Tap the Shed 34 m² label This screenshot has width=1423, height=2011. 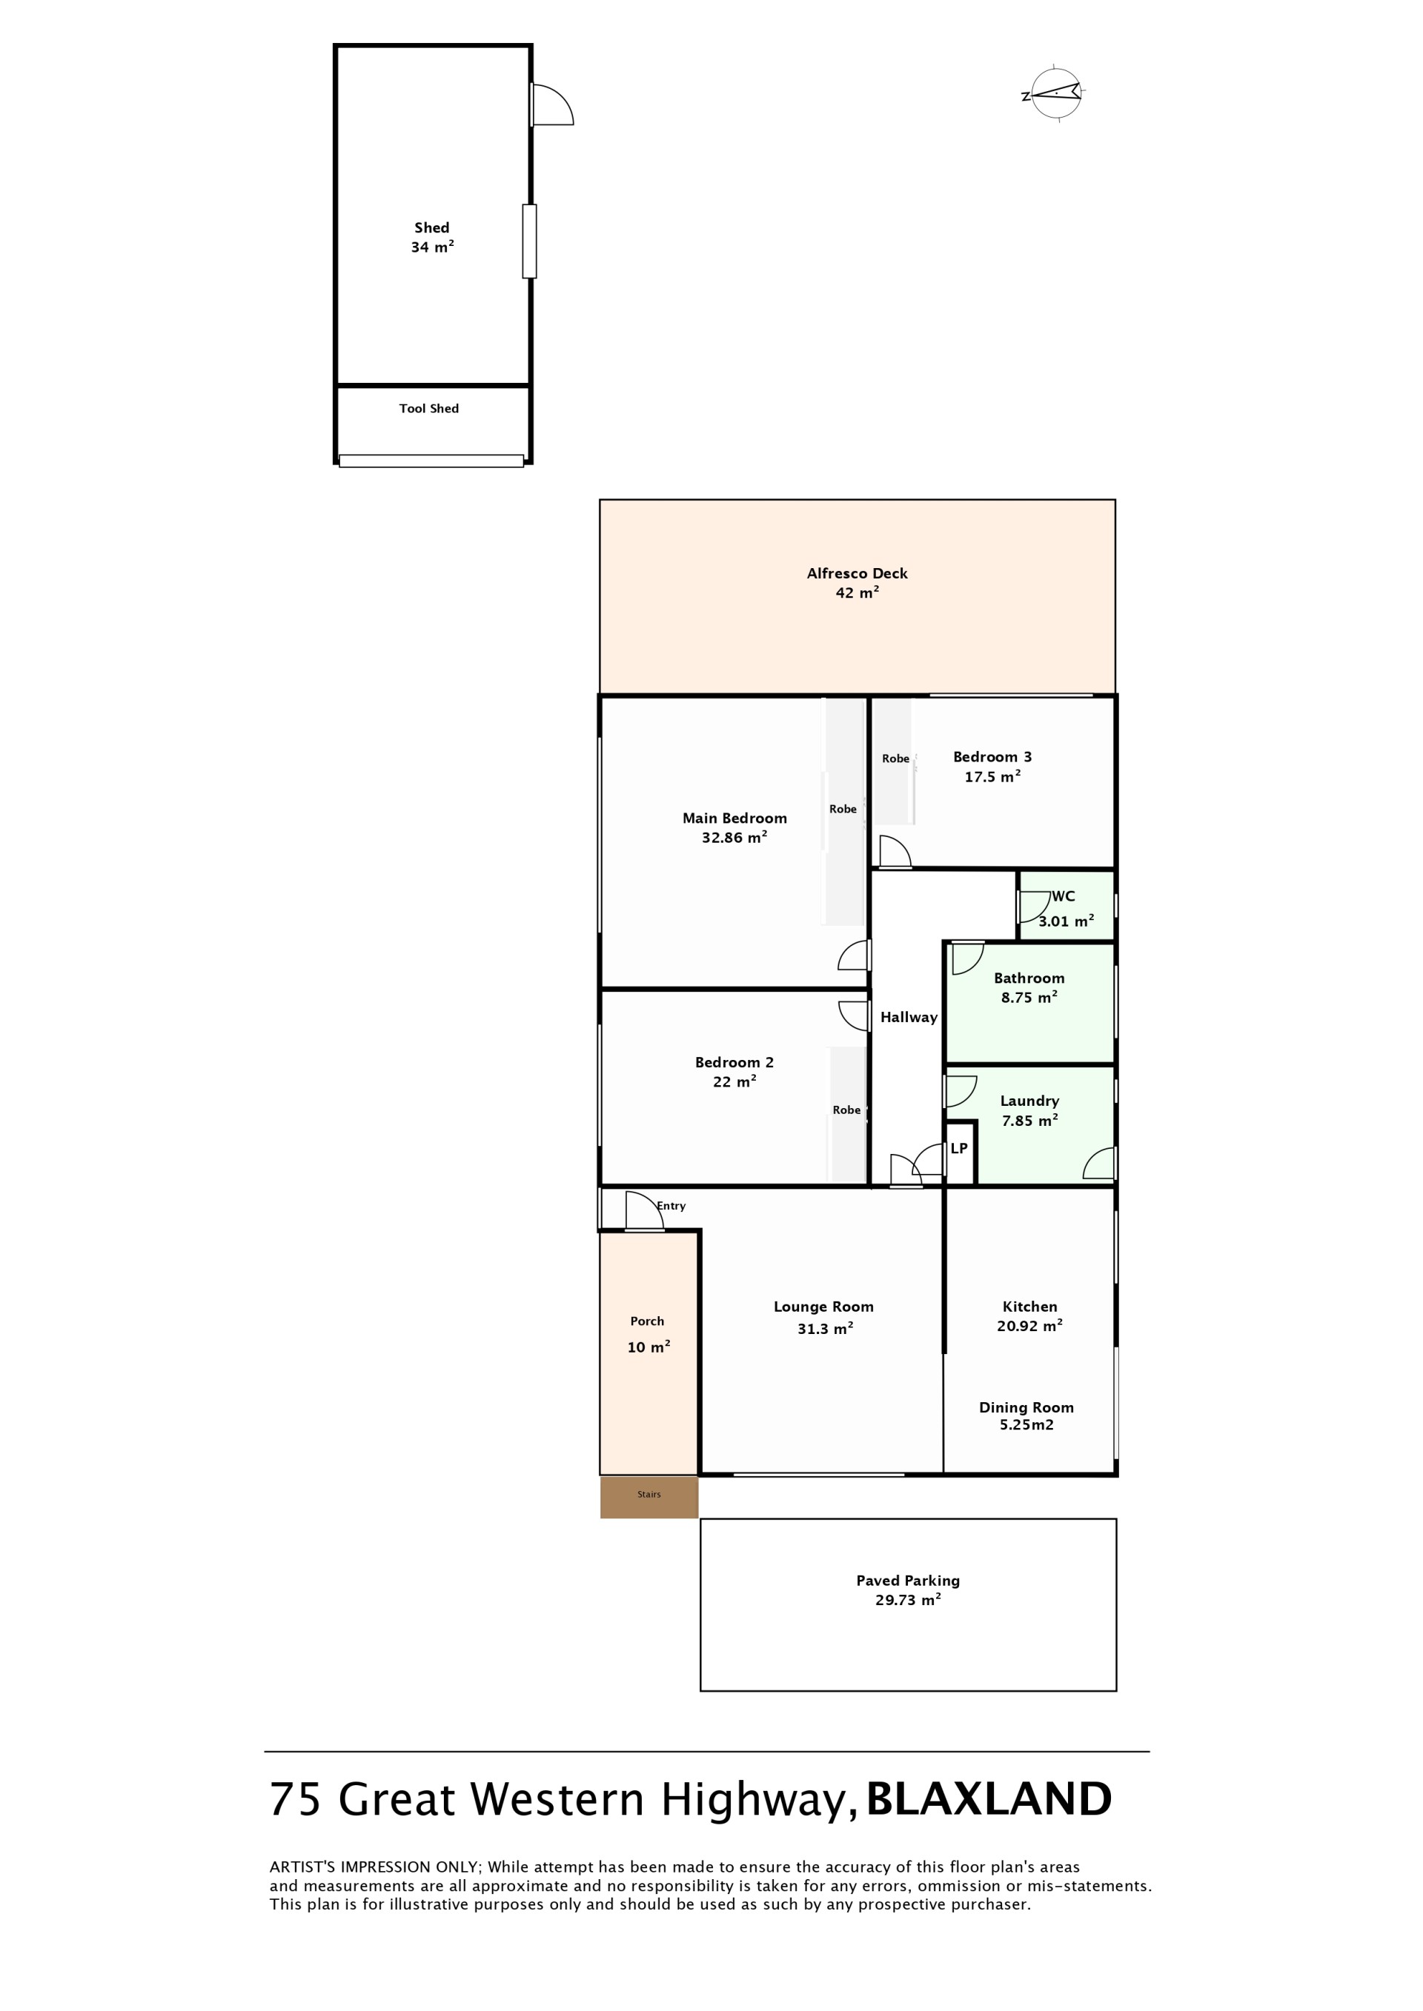pyautogui.click(x=432, y=237)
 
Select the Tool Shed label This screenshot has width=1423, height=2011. pyautogui.click(x=428, y=408)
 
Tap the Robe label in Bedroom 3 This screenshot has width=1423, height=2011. pyautogui.click(x=895, y=758)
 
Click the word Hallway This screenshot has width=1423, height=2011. pyautogui.click(x=909, y=1017)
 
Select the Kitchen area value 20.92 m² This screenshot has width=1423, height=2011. pyautogui.click(x=1029, y=1326)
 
